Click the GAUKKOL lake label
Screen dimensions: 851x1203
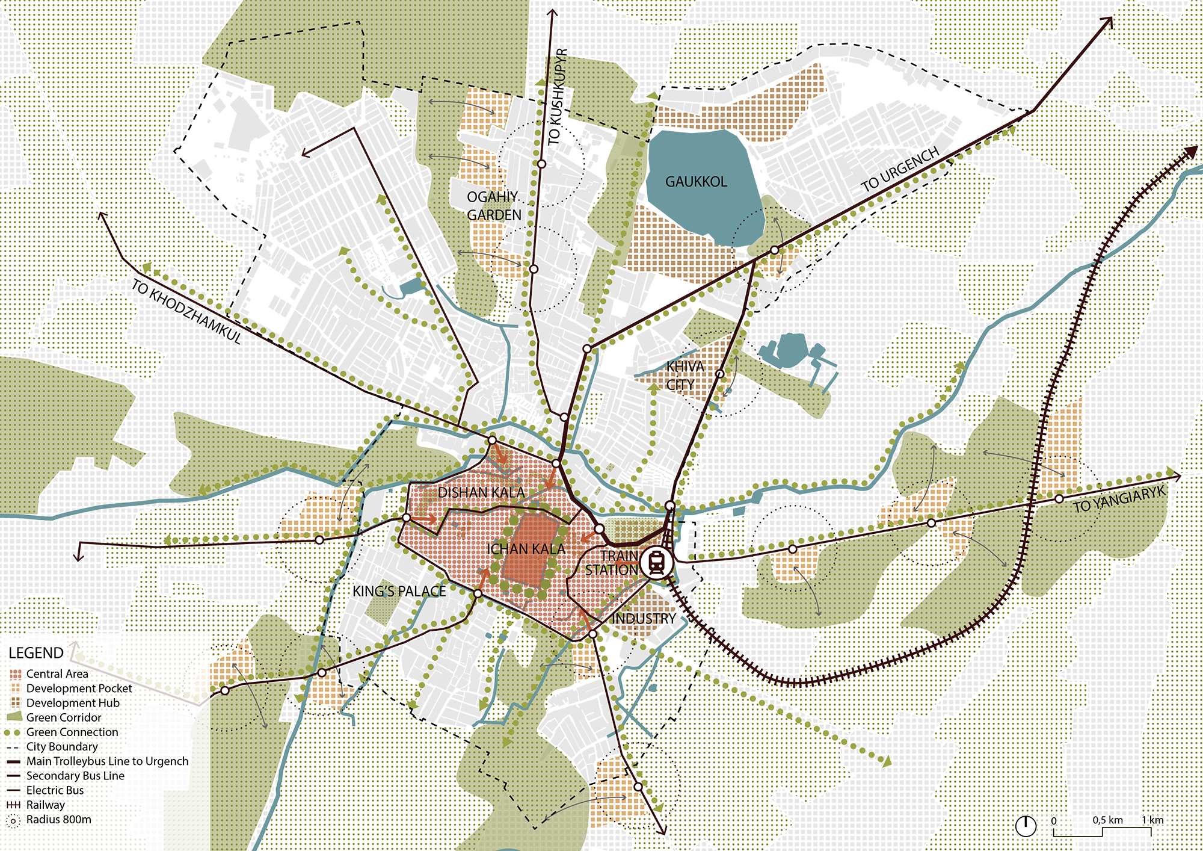pos(696,181)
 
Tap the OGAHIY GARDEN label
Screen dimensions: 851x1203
pos(494,206)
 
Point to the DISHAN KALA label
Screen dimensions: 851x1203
pos(481,492)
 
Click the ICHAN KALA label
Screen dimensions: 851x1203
pos(526,549)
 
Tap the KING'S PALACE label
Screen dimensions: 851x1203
pos(399,592)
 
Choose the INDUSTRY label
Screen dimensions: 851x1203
pos(644,619)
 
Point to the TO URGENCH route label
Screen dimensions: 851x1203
pos(899,170)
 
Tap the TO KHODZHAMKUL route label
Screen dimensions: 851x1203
pos(186,311)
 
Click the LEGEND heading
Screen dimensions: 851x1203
pos(36,653)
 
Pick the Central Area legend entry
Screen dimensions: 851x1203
pos(57,674)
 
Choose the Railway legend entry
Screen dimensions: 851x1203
pos(45,805)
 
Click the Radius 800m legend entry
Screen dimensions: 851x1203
pos(58,820)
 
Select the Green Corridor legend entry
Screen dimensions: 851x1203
pos(63,717)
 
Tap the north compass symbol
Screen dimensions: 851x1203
pos(1026,826)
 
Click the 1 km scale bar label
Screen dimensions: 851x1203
pos(1152,820)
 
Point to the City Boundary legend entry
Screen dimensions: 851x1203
pos(61,746)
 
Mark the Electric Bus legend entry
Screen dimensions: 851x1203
pos(55,790)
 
